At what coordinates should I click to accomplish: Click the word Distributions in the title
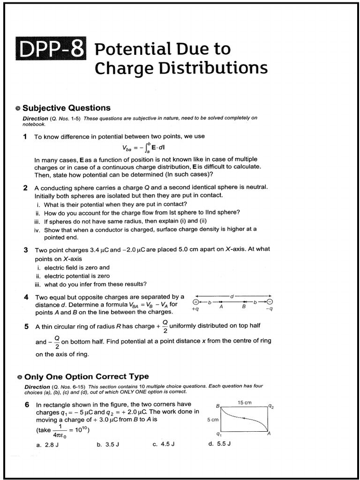(x=209, y=69)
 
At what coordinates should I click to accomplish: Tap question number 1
(x=26, y=136)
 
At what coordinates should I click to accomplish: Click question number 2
(x=26, y=187)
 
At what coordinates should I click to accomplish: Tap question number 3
(x=26, y=249)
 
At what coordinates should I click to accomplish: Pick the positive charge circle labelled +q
(x=195, y=302)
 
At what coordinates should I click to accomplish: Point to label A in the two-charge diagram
(x=221, y=307)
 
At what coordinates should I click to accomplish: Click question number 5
(x=26, y=326)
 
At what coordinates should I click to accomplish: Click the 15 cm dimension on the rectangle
(x=244, y=403)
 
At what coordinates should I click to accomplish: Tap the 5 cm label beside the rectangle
(x=212, y=420)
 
